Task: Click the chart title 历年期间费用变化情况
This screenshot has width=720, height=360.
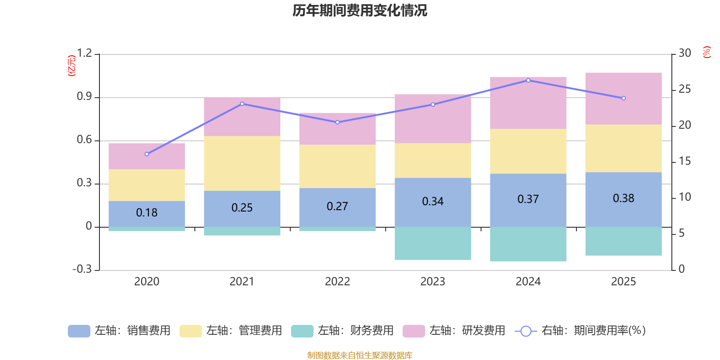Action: (360, 11)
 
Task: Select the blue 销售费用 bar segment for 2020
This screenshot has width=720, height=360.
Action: (147, 214)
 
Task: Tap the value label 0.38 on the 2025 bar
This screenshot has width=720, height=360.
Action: (623, 198)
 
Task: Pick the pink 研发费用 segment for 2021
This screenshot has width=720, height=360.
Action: (242, 117)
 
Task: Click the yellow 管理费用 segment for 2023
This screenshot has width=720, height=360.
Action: (432, 160)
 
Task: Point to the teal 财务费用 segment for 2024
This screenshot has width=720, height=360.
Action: (528, 244)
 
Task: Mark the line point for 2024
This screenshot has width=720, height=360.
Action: (528, 81)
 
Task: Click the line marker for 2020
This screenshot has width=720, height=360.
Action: (147, 154)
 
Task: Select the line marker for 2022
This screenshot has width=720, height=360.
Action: (337, 122)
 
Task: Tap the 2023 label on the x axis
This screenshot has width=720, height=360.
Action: (432, 282)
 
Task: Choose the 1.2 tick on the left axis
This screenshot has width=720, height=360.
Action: (84, 53)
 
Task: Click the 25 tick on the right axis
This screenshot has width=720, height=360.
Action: (684, 89)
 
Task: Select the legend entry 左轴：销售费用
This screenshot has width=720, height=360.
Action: (119, 331)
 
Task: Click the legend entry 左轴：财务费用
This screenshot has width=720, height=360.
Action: (342, 331)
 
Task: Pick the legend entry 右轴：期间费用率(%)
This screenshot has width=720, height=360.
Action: (580, 331)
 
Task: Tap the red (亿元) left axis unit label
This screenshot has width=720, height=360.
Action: (72, 66)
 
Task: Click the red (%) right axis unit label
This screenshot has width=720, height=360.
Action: (706, 52)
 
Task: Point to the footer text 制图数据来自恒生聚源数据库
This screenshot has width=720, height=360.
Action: (360, 355)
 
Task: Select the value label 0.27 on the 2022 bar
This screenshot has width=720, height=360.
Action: (337, 207)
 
